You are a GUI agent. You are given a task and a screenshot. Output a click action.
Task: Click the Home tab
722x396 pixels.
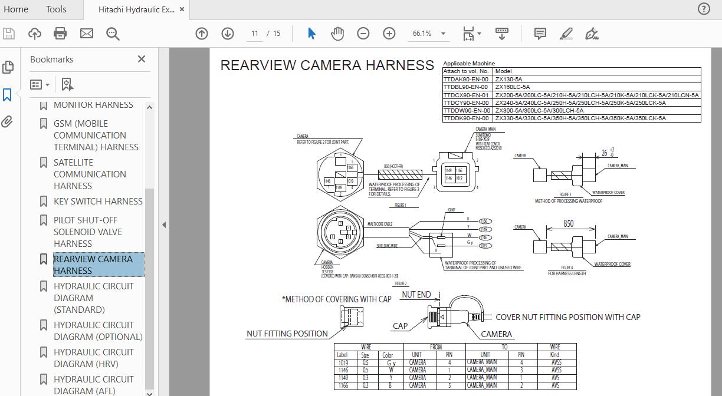click(16, 9)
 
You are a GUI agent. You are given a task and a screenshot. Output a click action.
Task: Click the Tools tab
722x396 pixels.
click(56, 9)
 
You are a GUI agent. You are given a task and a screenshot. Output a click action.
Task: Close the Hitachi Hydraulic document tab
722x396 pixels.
click(182, 9)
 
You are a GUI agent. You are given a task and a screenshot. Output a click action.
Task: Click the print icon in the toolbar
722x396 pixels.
click(60, 34)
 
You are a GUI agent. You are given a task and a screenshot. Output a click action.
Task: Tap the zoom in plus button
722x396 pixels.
click(389, 34)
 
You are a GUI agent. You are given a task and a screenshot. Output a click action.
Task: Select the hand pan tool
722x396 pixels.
click(337, 34)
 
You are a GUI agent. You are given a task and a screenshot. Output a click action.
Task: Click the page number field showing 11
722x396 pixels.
click(255, 34)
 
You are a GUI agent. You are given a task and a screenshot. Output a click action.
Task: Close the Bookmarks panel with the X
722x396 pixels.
click(142, 59)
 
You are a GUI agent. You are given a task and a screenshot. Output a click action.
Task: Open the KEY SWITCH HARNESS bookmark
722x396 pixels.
click(98, 201)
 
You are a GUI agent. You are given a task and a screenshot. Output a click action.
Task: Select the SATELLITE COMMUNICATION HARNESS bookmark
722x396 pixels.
click(90, 174)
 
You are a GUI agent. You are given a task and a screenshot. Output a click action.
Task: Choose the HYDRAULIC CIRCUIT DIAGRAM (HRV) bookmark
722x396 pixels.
click(93, 358)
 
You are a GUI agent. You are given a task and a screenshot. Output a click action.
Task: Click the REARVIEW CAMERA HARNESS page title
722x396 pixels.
click(327, 65)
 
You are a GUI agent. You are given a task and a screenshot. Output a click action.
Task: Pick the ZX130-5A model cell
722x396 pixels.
click(508, 79)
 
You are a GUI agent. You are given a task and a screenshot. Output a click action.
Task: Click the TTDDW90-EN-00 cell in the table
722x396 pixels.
click(467, 110)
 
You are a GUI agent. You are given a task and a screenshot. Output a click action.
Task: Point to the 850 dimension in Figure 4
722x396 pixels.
click(568, 223)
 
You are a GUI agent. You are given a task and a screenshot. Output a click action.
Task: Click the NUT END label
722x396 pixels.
click(416, 295)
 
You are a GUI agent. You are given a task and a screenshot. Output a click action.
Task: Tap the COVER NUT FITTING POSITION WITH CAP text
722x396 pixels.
click(568, 317)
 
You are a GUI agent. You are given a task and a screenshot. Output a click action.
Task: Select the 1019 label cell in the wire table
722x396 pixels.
click(343, 363)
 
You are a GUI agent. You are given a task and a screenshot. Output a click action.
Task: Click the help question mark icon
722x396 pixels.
click(704, 9)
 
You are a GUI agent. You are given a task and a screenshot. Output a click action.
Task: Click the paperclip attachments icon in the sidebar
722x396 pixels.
click(8, 122)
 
